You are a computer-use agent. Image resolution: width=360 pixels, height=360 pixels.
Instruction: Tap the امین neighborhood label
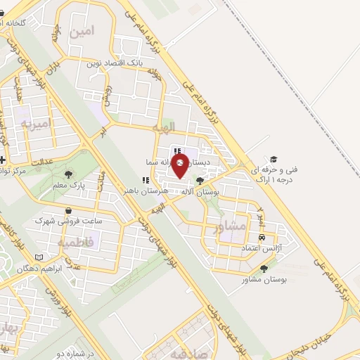82,32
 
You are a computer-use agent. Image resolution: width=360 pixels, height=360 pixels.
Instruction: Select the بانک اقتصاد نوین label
115,63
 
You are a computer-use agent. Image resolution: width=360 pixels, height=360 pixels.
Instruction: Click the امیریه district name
36,124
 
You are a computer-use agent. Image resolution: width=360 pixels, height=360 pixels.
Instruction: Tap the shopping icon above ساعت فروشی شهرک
68,210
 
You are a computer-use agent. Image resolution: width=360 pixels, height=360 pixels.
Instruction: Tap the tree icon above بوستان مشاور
264,269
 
